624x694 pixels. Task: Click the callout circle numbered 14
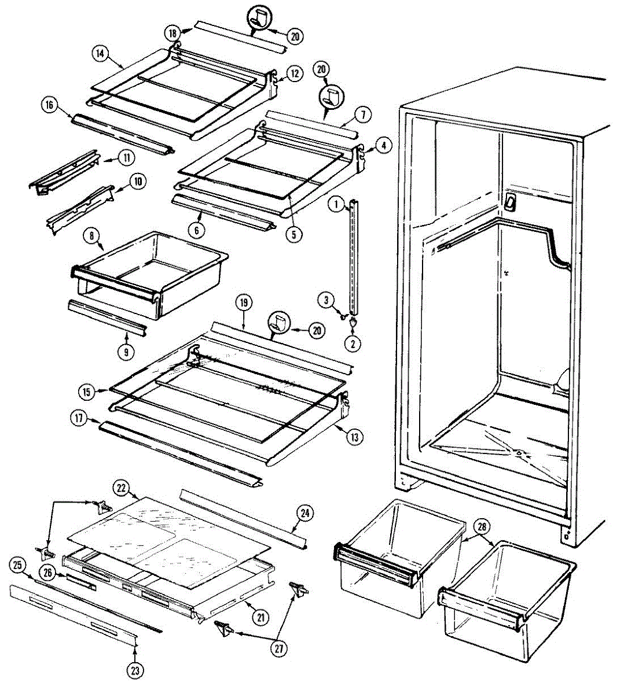coord(100,53)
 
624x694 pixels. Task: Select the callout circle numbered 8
coord(91,235)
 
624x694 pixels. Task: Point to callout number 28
coord(482,526)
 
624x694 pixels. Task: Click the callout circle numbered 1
coord(335,204)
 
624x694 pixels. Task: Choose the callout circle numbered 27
coord(280,649)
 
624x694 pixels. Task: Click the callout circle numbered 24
coord(306,512)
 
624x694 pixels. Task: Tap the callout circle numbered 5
coord(296,235)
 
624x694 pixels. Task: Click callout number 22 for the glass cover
coord(122,488)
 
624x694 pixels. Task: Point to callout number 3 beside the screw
coord(326,300)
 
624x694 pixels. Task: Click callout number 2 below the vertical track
coord(354,343)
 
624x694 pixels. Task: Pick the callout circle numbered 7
coord(362,115)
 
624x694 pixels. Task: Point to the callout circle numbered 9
coord(126,350)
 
